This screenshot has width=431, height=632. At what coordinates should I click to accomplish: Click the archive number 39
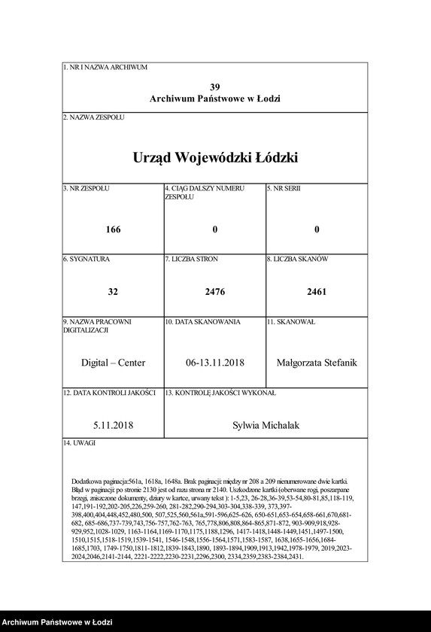click(x=215, y=87)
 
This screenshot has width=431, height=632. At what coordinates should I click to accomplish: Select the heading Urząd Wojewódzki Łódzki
click(x=215, y=158)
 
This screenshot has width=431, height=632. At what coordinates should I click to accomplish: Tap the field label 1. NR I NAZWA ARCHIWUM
click(x=105, y=68)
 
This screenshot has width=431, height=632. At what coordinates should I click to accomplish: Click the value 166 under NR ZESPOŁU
click(x=113, y=229)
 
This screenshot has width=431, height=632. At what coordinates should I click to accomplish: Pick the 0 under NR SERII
click(x=317, y=229)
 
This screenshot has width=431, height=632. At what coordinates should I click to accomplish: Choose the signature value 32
click(x=113, y=291)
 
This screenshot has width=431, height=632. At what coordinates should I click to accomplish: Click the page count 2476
click(x=215, y=291)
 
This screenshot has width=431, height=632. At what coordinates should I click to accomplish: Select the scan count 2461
click(x=317, y=291)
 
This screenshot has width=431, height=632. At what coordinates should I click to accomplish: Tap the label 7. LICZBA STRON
click(x=192, y=259)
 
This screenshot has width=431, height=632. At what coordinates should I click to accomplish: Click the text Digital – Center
click(x=113, y=363)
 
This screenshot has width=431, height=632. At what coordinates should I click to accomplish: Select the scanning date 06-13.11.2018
click(x=215, y=363)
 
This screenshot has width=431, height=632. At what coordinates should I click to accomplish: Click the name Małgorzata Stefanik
click(x=317, y=363)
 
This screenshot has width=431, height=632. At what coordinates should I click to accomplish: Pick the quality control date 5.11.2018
click(x=113, y=426)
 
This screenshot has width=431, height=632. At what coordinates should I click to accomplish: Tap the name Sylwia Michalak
click(x=266, y=426)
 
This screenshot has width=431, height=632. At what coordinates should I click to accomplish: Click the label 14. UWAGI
click(x=80, y=443)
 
